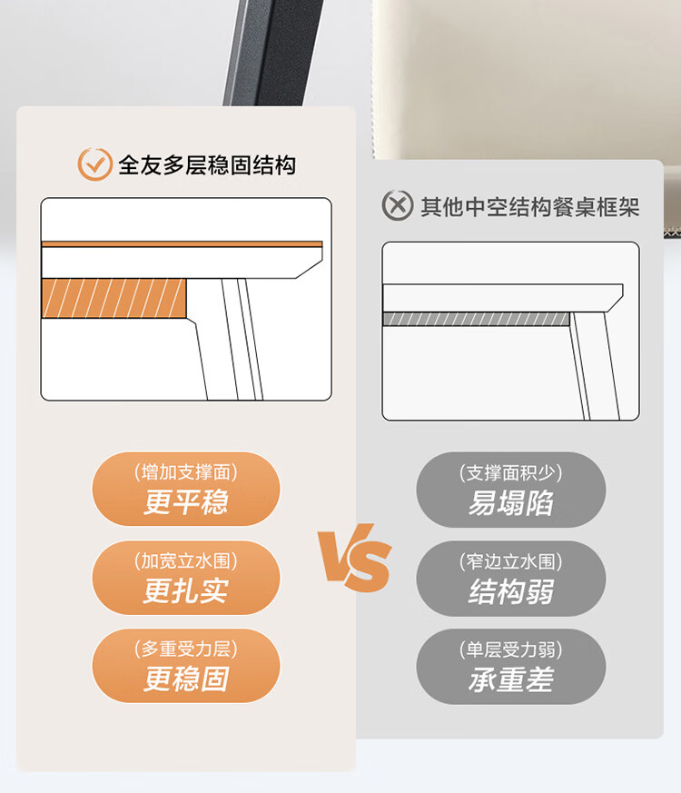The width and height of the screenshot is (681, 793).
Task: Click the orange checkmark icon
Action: [x=94, y=164]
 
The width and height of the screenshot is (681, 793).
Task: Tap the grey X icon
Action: [x=398, y=205]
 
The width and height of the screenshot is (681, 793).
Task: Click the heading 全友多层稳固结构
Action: [x=207, y=165]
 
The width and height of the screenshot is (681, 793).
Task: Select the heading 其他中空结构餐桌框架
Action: [x=530, y=206]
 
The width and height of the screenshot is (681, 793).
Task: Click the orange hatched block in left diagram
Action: [x=113, y=298]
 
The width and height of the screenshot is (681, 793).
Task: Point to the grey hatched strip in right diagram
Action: [x=476, y=319]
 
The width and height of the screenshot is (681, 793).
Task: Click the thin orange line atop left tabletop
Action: [x=182, y=244]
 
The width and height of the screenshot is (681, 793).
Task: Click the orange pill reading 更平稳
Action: [x=185, y=489]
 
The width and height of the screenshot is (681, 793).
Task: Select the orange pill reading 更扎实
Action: [x=185, y=578]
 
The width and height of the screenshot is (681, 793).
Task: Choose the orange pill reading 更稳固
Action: [x=185, y=666]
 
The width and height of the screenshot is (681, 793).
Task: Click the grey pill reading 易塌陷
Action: [x=510, y=490]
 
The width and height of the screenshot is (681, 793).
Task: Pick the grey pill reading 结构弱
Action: [x=510, y=578]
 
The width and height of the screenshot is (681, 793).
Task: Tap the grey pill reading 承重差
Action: [x=510, y=667]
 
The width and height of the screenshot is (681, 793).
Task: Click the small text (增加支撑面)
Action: [x=185, y=471]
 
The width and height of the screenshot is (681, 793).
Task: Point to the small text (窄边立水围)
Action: [x=510, y=561]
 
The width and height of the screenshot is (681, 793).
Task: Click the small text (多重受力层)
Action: [x=185, y=649]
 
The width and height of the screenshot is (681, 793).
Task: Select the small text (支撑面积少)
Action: [x=510, y=473]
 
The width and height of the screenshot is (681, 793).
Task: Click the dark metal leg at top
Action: [x=273, y=53]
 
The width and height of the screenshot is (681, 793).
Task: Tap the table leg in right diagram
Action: [x=595, y=366]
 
